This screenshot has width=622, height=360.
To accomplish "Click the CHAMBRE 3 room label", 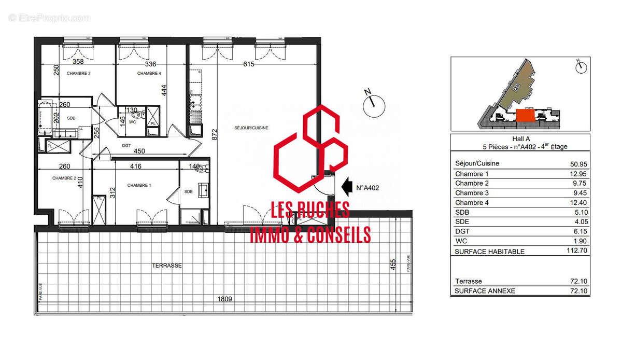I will [79, 73].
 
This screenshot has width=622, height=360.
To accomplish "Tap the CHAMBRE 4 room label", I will [149, 73].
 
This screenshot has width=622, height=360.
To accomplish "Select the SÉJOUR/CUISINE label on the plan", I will [251, 128].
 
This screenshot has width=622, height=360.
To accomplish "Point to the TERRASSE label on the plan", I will [166, 265].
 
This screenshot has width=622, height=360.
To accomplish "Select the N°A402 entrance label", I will [368, 188].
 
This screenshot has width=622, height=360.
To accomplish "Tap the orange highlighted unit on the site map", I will [525, 115].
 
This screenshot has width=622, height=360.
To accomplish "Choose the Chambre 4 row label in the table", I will [472, 203].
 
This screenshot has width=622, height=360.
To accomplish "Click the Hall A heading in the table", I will [521, 139].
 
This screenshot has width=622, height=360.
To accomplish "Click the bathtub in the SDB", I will [43, 119].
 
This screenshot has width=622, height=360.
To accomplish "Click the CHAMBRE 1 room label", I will [139, 185].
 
